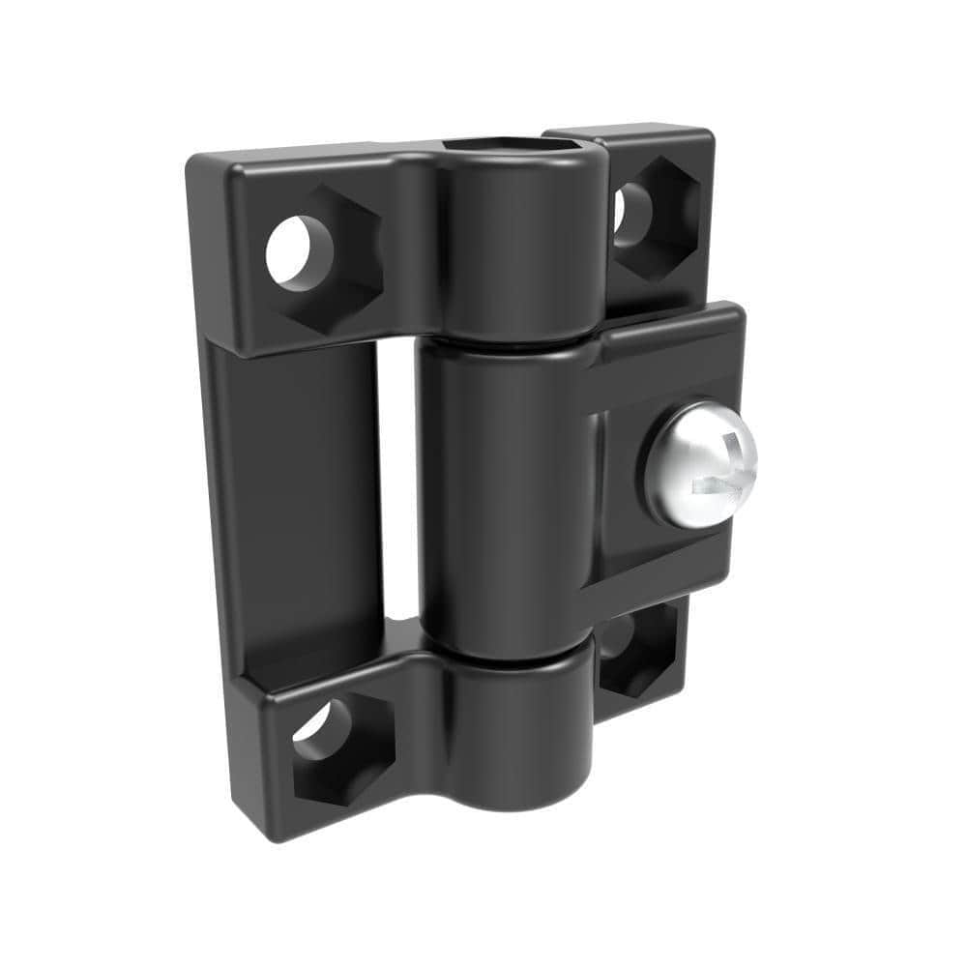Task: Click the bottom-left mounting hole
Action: (x=325, y=731)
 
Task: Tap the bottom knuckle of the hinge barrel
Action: (x=513, y=735)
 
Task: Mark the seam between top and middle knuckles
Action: (x=503, y=342)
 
